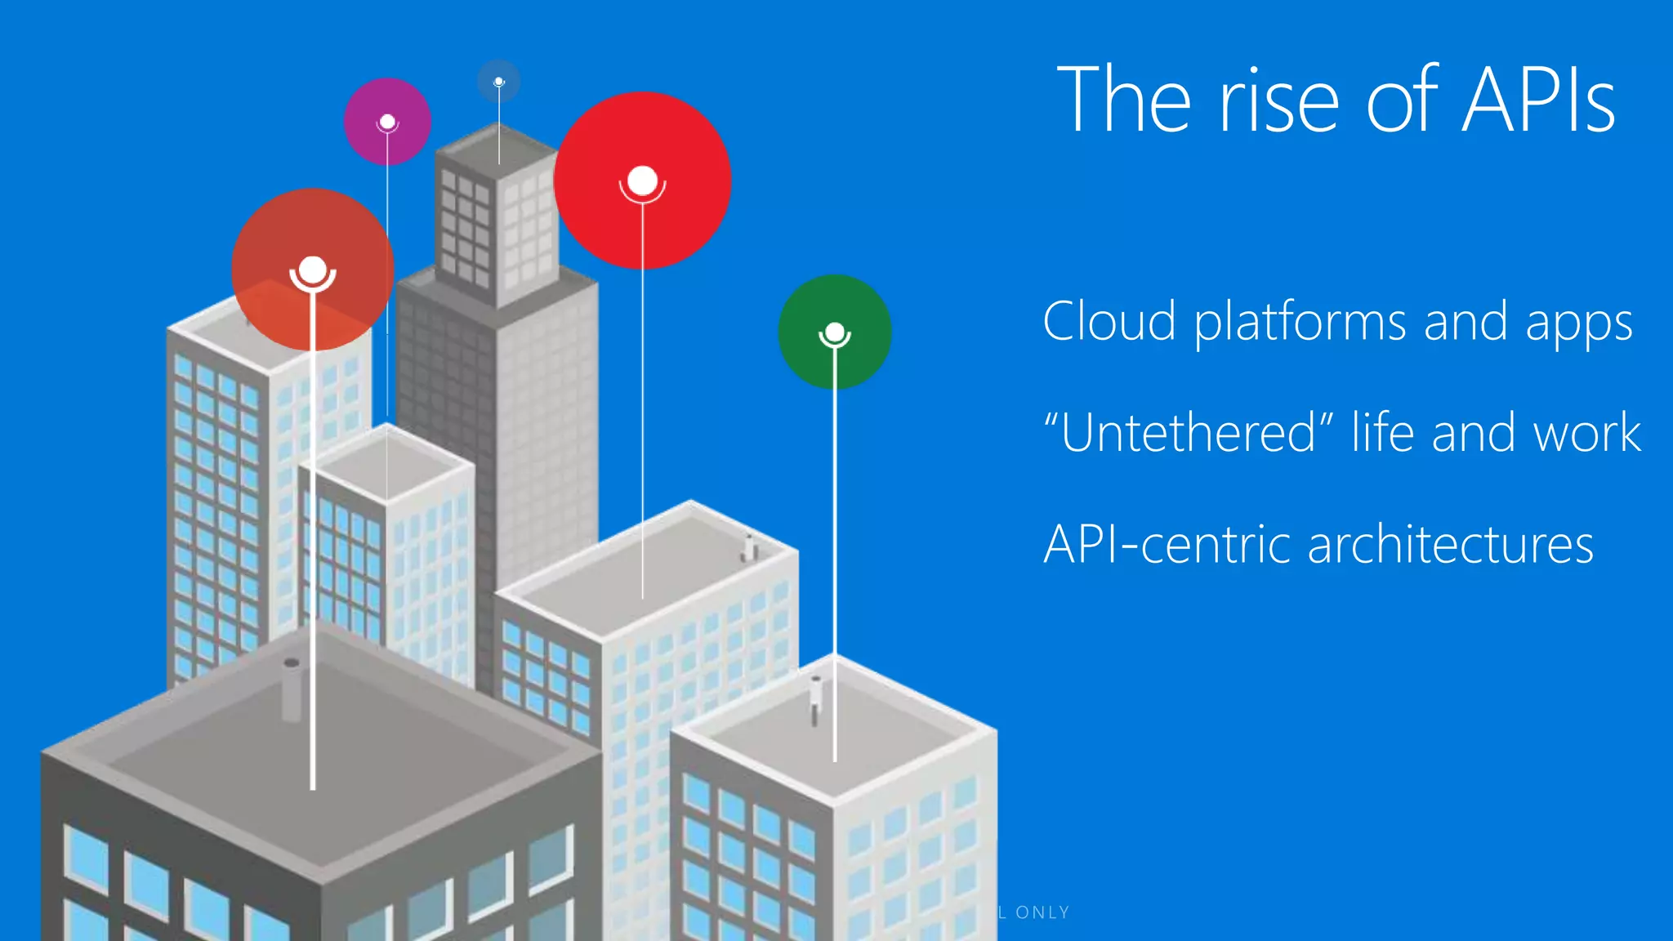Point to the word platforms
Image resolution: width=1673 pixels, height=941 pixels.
pos(1300,323)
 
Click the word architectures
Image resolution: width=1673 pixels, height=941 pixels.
pos(1450,544)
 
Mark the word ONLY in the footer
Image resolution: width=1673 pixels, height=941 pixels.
pos(1042,912)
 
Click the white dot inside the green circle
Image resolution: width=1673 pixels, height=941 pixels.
pos(835,332)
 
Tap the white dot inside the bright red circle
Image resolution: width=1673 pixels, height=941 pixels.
pos(643,181)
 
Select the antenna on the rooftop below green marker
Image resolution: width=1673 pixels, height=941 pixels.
pos(815,699)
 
